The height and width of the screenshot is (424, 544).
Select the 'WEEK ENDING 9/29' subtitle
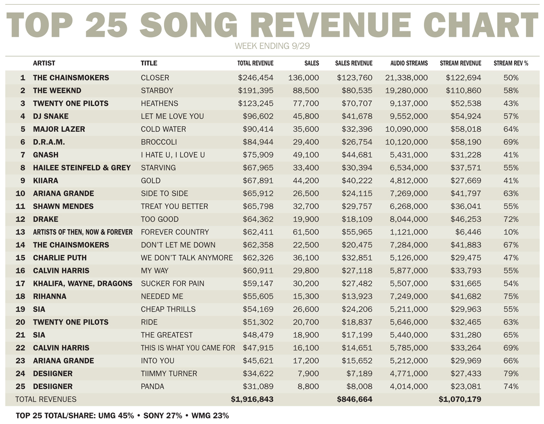point(272,46)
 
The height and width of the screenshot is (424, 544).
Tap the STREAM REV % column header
point(510,63)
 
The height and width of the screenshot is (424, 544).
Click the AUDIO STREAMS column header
point(409,63)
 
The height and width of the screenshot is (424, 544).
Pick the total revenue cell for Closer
point(256,78)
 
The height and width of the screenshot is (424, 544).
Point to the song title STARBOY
point(157,91)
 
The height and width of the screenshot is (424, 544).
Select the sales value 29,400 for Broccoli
point(307,142)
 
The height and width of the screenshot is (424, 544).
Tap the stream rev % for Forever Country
point(511,232)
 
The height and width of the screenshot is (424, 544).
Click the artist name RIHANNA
point(49,297)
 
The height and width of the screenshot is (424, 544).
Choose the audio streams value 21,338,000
point(406,78)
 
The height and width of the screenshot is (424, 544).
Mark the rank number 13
point(20,232)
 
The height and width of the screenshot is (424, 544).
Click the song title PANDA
point(152,387)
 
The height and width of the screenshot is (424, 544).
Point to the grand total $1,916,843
point(252,400)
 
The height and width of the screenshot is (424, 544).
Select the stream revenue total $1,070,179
point(460,400)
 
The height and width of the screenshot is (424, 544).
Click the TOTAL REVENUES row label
point(46,400)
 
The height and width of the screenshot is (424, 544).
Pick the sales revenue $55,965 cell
point(357,232)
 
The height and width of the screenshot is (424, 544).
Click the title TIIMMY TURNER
point(169,374)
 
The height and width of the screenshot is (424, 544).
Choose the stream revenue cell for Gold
point(466,180)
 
